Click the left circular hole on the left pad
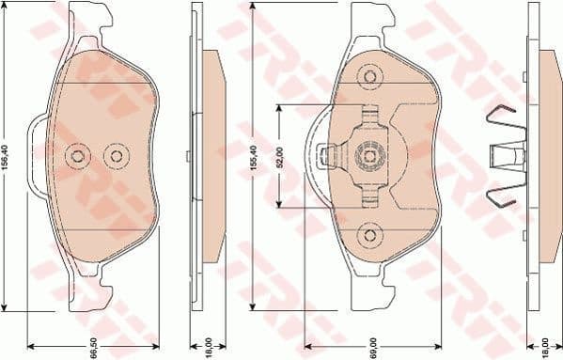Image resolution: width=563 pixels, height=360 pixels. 78,156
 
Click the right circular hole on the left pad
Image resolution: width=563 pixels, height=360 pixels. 115,156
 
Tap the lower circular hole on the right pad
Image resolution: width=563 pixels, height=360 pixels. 370,234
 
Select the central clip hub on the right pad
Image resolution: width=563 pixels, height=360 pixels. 369,154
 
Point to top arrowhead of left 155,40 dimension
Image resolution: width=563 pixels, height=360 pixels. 7,8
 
